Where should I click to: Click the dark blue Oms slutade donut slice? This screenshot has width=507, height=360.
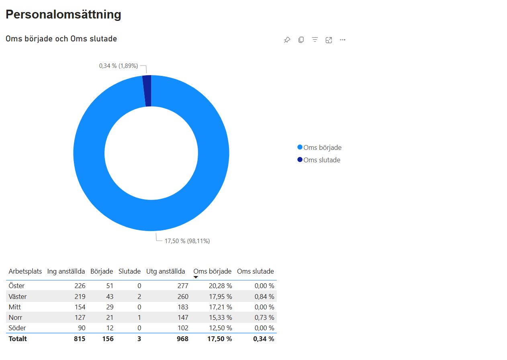click(x=147, y=91)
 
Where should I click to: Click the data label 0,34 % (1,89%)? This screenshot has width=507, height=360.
click(x=119, y=66)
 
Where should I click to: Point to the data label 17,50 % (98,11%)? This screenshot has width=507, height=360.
click(x=187, y=241)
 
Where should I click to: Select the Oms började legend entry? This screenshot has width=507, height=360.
click(x=319, y=147)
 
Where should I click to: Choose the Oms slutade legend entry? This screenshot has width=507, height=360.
click(x=319, y=160)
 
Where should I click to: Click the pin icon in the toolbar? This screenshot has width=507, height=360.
click(x=287, y=40)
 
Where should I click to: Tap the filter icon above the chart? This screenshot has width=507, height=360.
click(x=315, y=40)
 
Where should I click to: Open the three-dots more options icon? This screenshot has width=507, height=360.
click(x=342, y=40)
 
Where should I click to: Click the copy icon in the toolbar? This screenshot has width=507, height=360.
click(x=301, y=40)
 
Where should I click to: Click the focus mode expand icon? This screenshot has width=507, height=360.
click(x=329, y=40)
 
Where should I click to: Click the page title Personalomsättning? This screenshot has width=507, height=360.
click(x=63, y=14)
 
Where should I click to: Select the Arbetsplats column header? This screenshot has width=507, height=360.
click(x=25, y=271)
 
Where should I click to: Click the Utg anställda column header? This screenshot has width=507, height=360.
click(x=166, y=271)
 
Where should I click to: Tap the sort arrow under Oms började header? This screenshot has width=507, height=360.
click(x=196, y=277)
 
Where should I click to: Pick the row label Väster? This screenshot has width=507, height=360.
click(x=17, y=297)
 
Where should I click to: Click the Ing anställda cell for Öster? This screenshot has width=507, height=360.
click(x=80, y=286)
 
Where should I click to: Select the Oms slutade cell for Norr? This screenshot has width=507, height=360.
click(x=264, y=317)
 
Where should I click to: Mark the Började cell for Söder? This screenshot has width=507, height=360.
click(x=110, y=328)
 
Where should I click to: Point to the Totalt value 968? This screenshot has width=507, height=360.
click(x=183, y=339)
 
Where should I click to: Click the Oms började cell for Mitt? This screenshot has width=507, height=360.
click(x=220, y=307)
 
